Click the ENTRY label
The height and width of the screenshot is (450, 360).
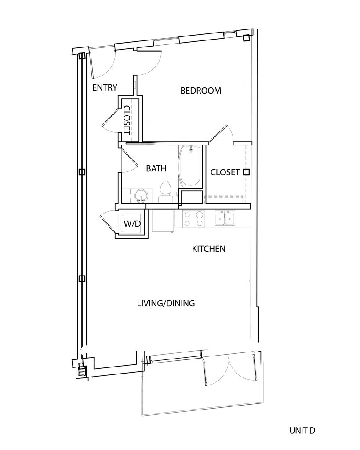tap(105, 87)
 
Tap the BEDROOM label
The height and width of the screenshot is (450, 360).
tap(201, 91)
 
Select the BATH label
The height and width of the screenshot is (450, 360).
tap(156, 168)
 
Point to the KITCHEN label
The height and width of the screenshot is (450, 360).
tap(209, 249)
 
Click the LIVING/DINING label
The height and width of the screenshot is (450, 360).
tap(166, 303)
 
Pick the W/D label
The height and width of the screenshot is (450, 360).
tap(132, 224)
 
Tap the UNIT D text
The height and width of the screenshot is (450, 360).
tap(302, 431)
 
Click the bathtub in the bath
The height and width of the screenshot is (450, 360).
tap(189, 167)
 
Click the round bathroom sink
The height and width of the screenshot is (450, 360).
tap(141, 196)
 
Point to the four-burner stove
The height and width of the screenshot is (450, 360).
tap(193, 219)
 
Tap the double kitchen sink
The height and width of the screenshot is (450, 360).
tap(225, 218)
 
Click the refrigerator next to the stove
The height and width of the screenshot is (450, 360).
tap(163, 221)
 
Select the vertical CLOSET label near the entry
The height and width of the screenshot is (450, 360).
tap(127, 120)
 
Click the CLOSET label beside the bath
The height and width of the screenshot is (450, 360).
tap(225, 172)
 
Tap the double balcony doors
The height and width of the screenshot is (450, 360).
tap(229, 370)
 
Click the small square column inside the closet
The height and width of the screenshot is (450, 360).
tap(246, 172)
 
